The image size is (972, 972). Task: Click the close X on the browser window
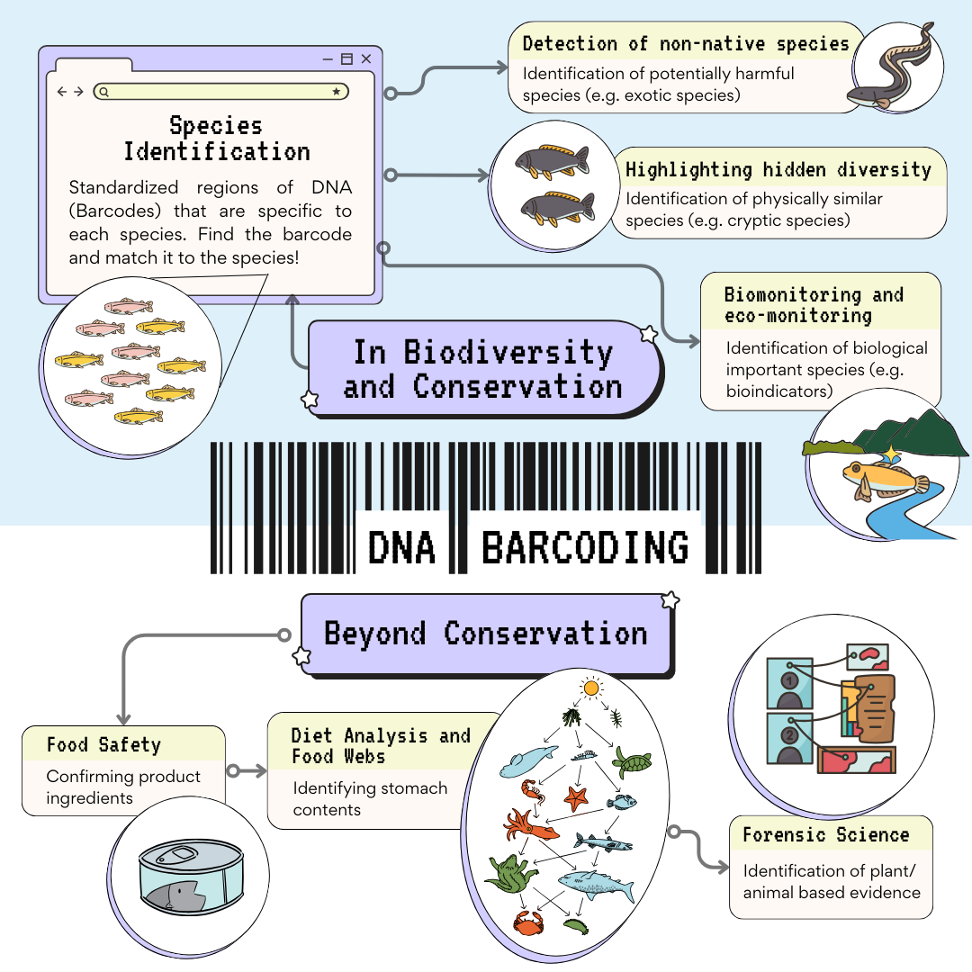pos(366,59)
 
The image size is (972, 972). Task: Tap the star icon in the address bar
pos(337,91)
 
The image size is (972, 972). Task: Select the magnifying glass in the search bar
pos(104,91)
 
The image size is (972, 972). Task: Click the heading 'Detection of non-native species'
pos(686,44)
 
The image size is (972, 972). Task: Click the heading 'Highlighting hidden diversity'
pos(778,170)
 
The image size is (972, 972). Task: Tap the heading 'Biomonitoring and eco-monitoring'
pos(814,305)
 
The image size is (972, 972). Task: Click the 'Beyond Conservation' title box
pos(486,634)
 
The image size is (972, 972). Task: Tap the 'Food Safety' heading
pos(103,745)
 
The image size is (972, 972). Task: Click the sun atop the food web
pos(590,688)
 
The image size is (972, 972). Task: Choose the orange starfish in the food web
pos(575,797)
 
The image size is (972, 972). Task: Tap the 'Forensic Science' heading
pos(825,835)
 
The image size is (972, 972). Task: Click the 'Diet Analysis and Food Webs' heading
pos(381,746)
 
